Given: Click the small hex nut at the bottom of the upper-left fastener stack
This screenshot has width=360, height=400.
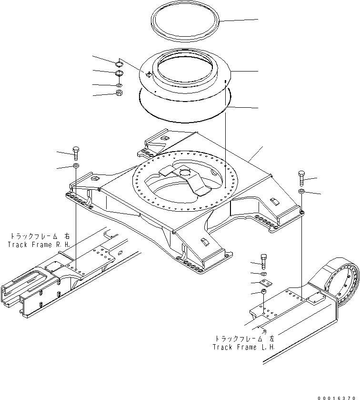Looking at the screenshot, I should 120,92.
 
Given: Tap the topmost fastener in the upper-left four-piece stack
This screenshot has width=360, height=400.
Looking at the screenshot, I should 119,62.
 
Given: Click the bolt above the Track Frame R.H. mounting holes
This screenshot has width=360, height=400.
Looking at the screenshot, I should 76,153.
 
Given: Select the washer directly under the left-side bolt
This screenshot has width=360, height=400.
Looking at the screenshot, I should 76,165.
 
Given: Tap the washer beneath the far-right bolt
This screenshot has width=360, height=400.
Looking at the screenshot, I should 301,191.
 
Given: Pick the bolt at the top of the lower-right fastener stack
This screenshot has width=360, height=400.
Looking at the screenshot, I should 264,260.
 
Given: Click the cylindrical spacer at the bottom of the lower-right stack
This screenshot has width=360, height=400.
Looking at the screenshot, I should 264,292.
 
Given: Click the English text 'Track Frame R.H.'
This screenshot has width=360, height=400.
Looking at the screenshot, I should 39,244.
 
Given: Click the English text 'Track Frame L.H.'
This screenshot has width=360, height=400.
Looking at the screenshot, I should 244,347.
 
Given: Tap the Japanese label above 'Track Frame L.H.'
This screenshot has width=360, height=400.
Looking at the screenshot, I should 245,338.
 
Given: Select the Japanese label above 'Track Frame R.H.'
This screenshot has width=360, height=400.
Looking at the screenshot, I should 40,236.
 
